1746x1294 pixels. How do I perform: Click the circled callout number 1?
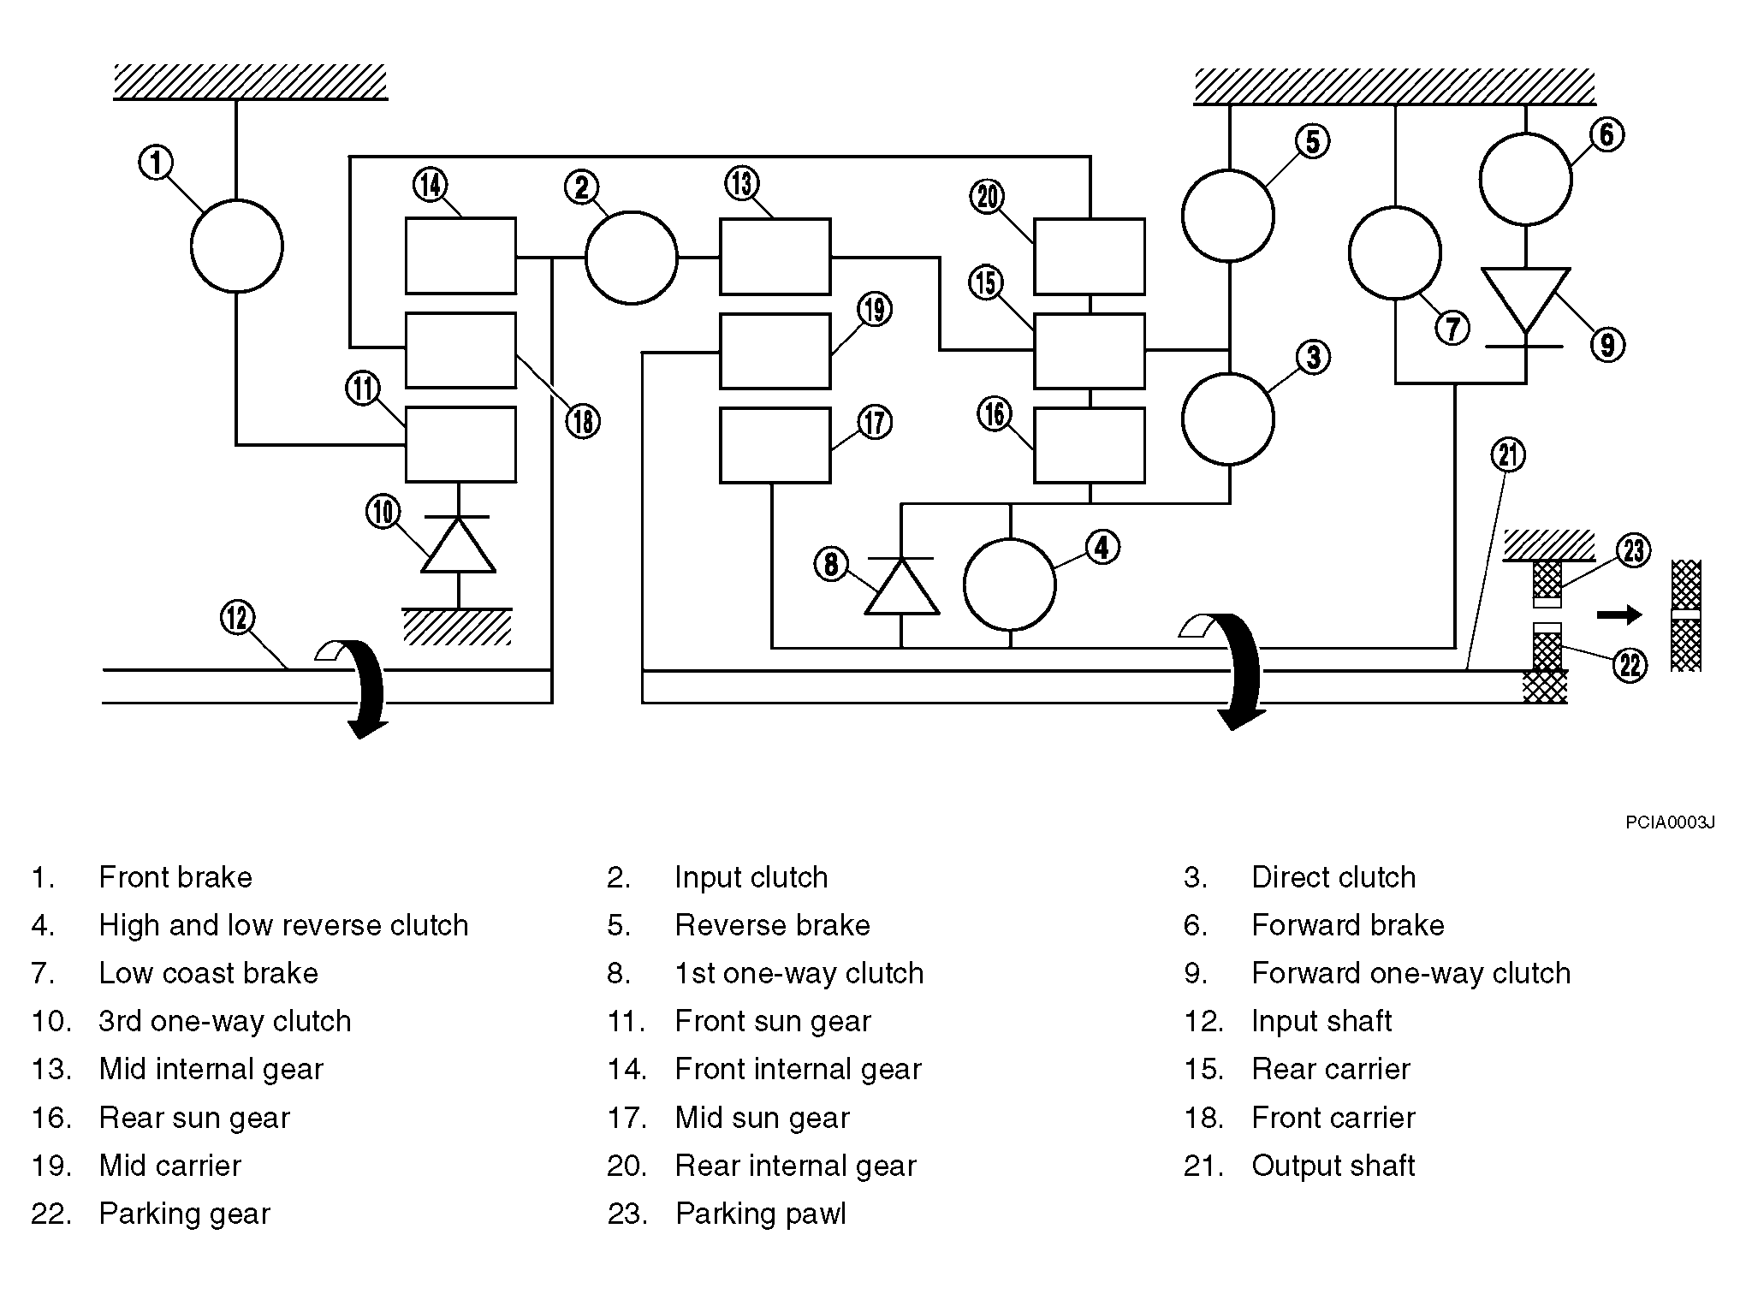click(156, 163)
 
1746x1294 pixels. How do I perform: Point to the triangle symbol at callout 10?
click(459, 544)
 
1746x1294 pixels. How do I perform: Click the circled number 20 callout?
click(988, 197)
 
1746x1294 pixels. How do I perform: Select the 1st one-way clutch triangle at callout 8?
click(901, 586)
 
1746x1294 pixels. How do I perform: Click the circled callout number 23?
click(1633, 550)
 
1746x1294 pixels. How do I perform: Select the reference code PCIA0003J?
click(1670, 823)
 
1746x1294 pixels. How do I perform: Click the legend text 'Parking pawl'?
click(760, 1214)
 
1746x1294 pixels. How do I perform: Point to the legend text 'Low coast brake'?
click(208, 973)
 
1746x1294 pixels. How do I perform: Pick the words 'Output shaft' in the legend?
click(1333, 1166)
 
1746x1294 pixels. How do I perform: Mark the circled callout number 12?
click(237, 618)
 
